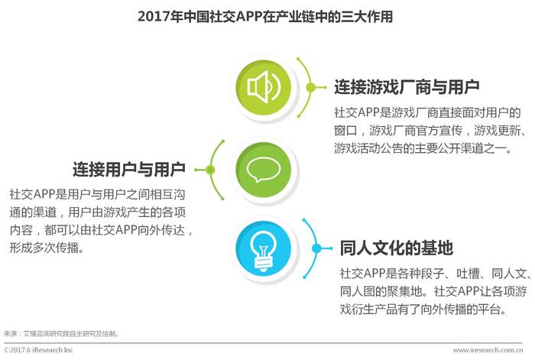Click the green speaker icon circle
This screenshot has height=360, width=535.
point(263,88)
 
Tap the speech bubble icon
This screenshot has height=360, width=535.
point(263,170)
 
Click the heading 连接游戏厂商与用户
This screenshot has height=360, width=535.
point(407,87)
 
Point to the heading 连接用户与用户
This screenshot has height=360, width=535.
point(129,169)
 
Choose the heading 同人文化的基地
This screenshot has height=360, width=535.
point(397,248)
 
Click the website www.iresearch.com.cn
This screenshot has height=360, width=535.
point(488,350)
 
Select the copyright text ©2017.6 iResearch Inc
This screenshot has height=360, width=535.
point(38,350)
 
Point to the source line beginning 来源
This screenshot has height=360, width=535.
point(61,333)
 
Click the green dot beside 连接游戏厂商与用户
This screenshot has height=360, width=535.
point(310,88)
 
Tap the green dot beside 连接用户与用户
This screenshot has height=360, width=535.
point(210,170)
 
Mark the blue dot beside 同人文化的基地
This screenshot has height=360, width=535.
point(316,248)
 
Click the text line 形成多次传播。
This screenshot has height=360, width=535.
point(47,248)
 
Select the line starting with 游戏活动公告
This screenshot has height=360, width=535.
point(423,148)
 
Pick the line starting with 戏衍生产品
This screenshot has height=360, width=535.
point(423,309)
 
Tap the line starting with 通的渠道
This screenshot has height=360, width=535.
point(98,212)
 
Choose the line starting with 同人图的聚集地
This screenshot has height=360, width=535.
point(433,291)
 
